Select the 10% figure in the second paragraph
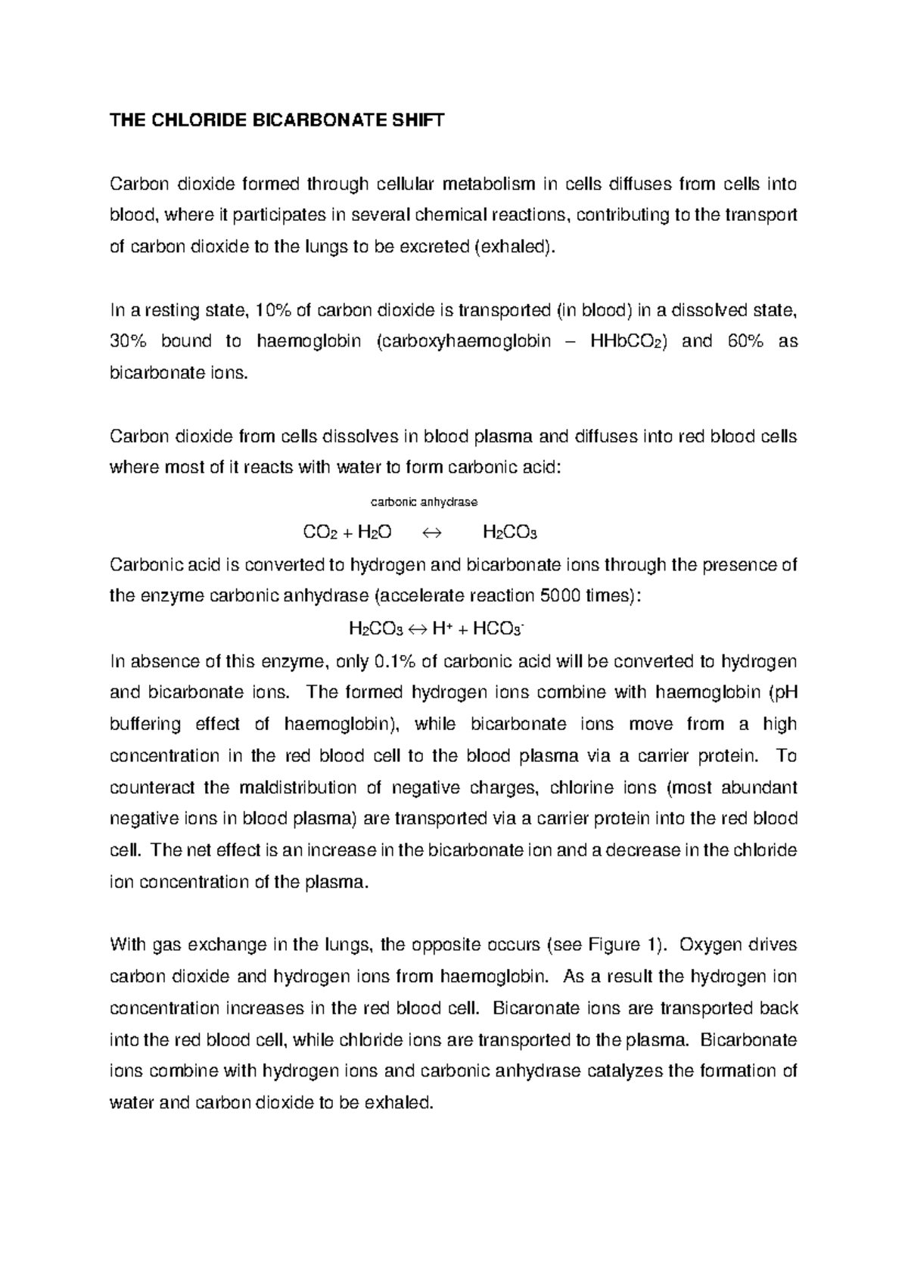(x=272, y=310)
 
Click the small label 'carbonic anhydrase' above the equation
(x=424, y=502)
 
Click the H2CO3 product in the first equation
(x=509, y=533)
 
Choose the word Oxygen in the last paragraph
(x=710, y=945)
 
